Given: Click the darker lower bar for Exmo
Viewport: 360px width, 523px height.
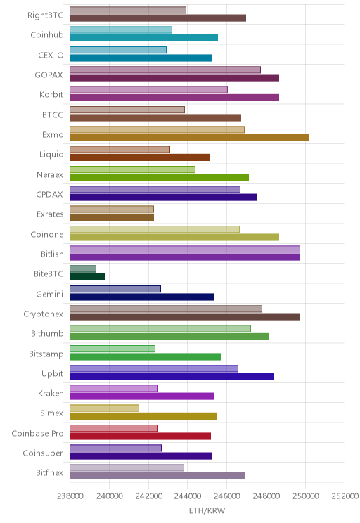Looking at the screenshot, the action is pos(189,137).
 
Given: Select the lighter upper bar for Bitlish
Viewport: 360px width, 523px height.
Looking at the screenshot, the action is pos(185,249).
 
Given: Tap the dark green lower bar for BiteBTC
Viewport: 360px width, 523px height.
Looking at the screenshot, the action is pos(87,277).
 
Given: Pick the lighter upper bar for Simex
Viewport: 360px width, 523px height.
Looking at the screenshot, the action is pos(105,408).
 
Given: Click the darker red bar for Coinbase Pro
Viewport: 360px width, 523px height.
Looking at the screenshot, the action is pos(140,436).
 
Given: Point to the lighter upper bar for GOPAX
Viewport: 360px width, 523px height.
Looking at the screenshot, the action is pos(165,70).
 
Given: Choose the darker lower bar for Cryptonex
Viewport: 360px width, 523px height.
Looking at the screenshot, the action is pos(184,316).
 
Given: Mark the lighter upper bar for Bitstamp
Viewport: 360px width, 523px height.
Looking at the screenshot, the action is pos(112,349).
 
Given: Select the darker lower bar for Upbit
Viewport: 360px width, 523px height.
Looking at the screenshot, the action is pos(172,377).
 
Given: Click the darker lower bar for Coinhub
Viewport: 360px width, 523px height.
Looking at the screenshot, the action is pos(144,38).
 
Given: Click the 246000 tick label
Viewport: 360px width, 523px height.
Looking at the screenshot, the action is pos(227,496).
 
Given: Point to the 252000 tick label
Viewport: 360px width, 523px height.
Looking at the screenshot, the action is pos(345,496).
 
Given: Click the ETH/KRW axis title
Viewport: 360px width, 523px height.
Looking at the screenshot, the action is pos(207,510).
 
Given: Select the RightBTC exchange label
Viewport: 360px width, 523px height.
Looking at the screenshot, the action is pos(46,15).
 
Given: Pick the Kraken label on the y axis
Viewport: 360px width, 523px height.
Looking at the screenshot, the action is pos(51,393).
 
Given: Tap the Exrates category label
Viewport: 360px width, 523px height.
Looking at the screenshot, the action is pos(50,214).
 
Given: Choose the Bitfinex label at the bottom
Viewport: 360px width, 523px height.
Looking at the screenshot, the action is pos(50,472).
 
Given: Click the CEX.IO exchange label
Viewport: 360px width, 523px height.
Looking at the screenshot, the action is pos(51,55).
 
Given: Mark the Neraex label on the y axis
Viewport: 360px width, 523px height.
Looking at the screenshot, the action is pos(50,174).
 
